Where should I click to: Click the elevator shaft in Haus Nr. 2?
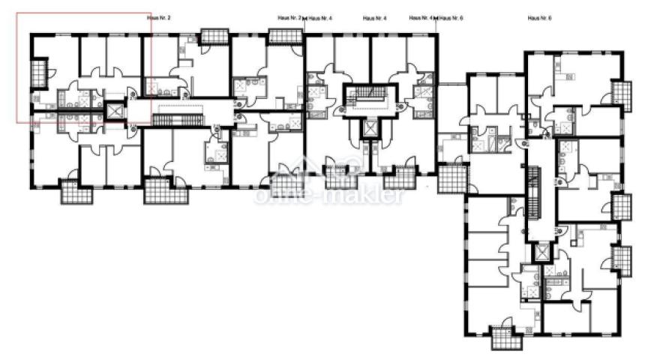click(115, 111)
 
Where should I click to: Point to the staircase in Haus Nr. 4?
click(367, 93)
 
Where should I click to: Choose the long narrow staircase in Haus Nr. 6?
click(533, 193)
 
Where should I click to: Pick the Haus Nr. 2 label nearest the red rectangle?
click(160, 16)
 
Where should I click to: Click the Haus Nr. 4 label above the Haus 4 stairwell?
click(373, 16)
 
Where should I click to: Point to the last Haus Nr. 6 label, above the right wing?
click(539, 16)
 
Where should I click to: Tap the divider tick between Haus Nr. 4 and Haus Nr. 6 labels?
click(436, 17)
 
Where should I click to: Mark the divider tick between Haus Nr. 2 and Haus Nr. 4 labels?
click(304, 17)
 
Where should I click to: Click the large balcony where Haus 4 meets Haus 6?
click(451, 179)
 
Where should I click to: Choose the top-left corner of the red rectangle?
click(17, 12)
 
